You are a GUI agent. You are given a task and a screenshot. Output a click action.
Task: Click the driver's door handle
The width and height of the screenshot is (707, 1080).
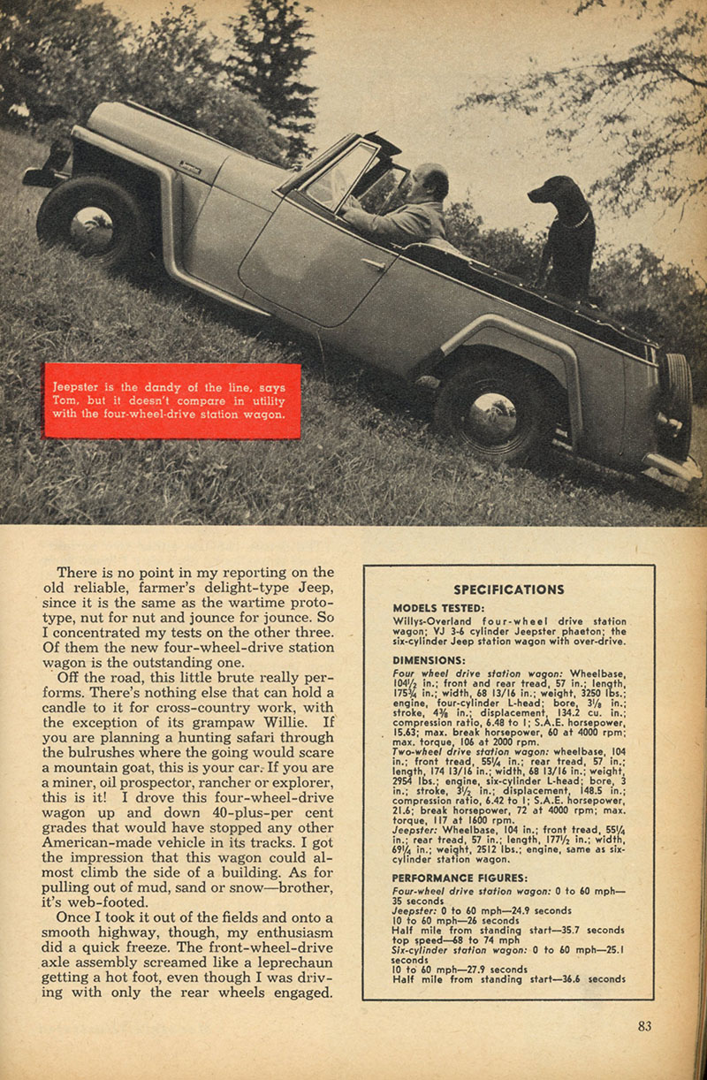[373, 262]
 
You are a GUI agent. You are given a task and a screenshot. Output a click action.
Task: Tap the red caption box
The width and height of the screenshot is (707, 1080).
[172, 400]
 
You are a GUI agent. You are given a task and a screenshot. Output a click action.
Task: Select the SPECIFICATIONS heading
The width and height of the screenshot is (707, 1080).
[508, 589]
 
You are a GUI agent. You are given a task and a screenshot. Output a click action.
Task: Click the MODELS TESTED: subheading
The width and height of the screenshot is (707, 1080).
[438, 608]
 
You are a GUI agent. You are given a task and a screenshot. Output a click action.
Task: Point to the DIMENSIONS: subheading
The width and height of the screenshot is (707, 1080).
[429, 659]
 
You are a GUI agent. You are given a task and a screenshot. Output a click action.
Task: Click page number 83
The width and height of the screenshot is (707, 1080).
[643, 1026]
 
